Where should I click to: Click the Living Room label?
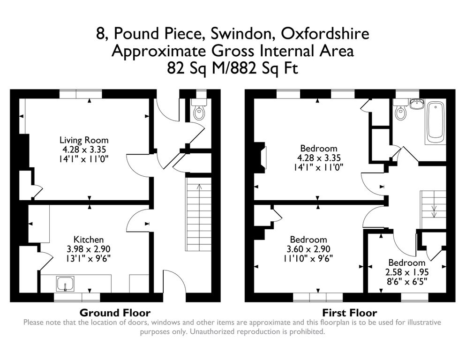(83, 140)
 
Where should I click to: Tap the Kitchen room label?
(88, 240)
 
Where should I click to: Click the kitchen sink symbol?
(64, 284)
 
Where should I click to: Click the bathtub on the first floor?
(436, 121)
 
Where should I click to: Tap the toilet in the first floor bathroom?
(401, 112)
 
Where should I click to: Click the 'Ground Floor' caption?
(115, 313)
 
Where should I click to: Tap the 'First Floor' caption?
(349, 313)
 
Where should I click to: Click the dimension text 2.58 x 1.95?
(406, 272)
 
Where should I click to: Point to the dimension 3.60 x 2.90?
(308, 248)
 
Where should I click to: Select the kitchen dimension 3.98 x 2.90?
(88, 248)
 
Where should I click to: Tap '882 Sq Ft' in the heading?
(265, 68)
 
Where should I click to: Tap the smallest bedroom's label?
(406, 263)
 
